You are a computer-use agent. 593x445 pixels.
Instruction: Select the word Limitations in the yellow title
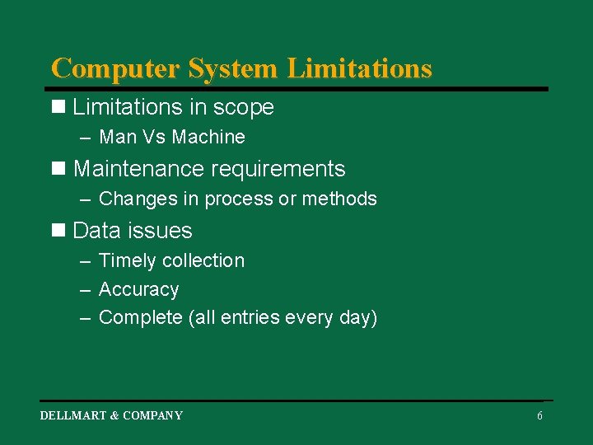(359, 68)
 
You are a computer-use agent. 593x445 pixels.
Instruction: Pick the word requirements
(278, 170)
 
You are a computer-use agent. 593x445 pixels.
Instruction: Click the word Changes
(133, 199)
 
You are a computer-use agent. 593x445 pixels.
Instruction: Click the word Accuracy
(138, 290)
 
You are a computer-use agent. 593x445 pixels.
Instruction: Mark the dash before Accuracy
(86, 290)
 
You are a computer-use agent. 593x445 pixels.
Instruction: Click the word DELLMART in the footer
(73, 415)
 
